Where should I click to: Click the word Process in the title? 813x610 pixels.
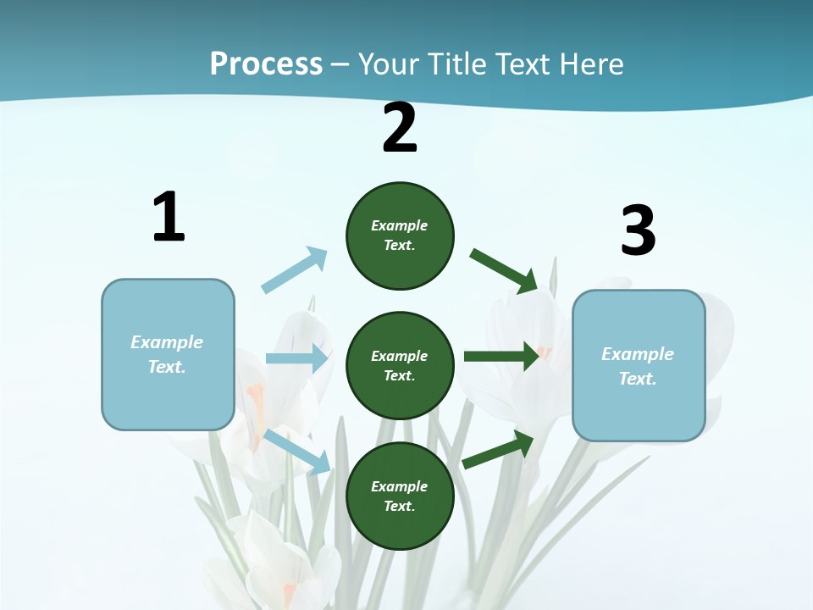266,64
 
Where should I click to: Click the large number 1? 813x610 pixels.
169,218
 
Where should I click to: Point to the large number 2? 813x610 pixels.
400,129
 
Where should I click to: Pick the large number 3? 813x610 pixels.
638,231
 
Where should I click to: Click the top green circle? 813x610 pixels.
400,236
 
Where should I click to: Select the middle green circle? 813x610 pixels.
400,365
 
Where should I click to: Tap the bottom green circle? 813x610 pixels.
400,496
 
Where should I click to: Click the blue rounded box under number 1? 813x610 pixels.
168,354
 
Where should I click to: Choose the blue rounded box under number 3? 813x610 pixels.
639,366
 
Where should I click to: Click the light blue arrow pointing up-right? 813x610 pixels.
295,270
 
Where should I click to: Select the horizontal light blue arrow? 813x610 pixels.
297,358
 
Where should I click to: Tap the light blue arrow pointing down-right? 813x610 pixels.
297,452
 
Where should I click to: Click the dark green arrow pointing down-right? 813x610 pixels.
504,270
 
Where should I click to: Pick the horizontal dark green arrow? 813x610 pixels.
501,356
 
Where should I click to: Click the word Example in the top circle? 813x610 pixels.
399,225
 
